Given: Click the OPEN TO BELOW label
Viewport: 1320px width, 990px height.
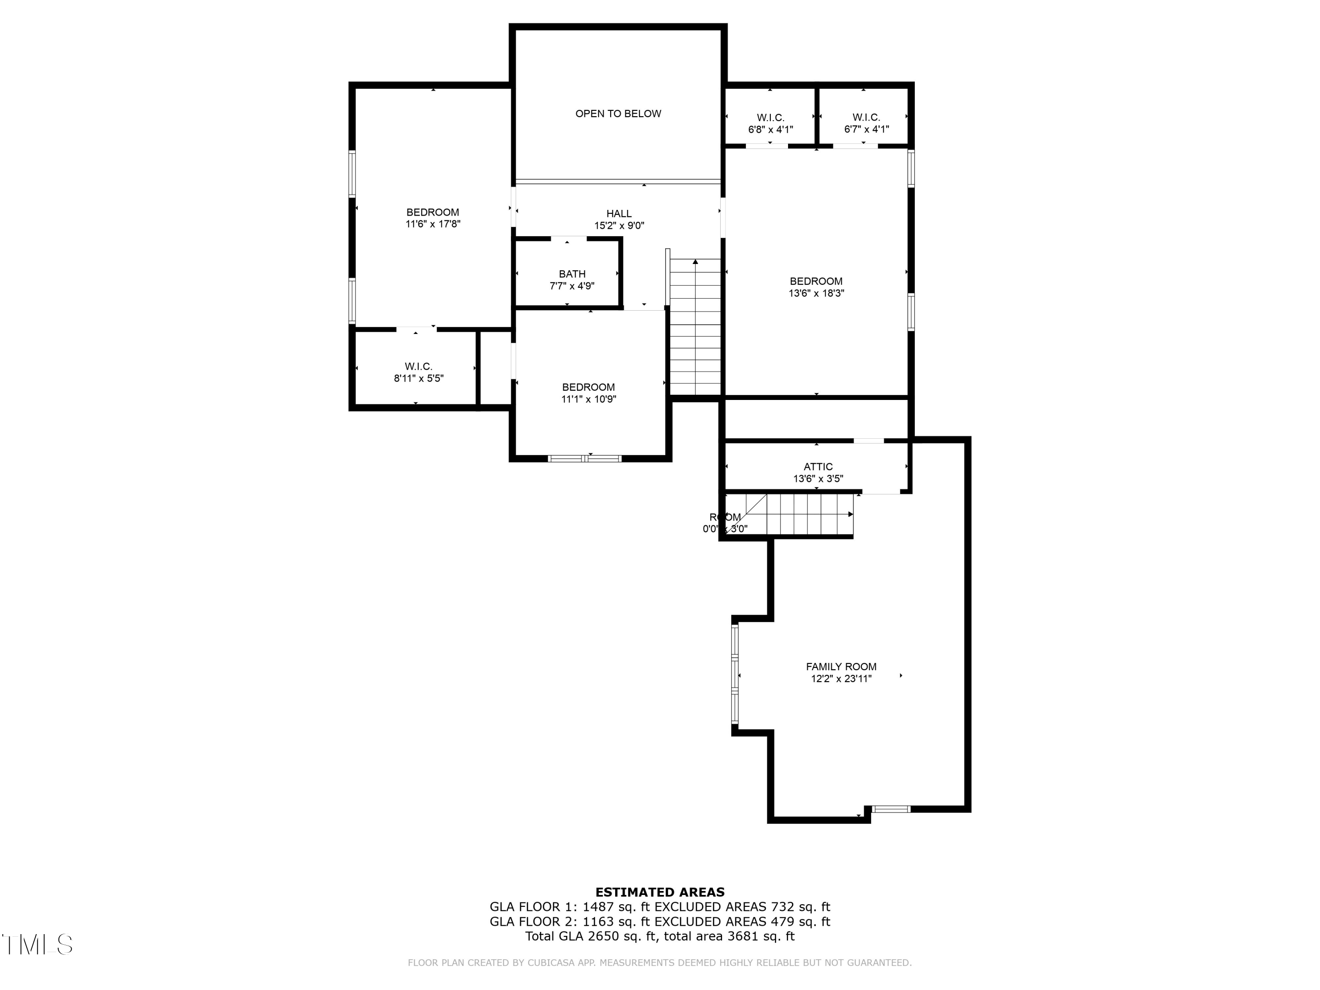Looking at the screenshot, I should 618,114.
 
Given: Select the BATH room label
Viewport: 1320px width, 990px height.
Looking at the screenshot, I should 572,274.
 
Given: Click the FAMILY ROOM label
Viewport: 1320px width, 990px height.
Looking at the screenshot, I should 841,667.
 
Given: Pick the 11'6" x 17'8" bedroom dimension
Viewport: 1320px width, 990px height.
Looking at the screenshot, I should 433,224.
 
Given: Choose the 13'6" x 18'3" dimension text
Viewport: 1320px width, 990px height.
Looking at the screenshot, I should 816,293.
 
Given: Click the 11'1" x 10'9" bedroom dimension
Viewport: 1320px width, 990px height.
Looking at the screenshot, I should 588,399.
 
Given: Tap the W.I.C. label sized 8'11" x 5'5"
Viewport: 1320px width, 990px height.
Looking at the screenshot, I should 418,367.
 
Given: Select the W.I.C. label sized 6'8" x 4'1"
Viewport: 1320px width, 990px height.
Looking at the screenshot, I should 770,117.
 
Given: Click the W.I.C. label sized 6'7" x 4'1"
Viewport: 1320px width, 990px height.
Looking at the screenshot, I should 866,117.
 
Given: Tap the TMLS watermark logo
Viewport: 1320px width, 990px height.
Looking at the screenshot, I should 37,944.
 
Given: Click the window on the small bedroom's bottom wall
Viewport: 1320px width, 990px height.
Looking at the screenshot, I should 585,458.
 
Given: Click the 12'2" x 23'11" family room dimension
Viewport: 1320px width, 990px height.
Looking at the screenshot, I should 841,678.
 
